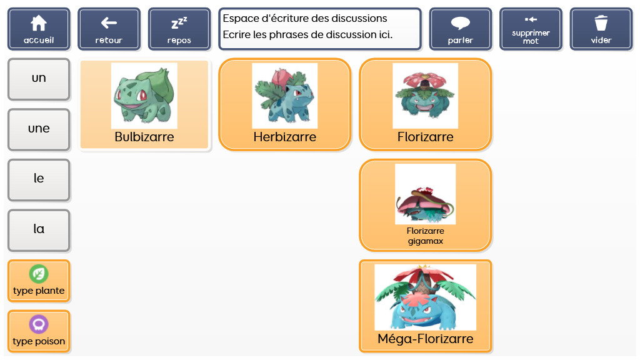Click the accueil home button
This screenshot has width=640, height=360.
click(39, 29)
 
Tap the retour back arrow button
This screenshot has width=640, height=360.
click(109, 29)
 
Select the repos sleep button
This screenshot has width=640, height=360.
click(179, 29)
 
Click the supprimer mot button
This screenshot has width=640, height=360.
click(531, 29)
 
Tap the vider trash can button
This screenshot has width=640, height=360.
click(601, 29)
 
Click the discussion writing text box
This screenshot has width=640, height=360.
click(320, 29)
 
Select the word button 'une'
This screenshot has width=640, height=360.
click(39, 129)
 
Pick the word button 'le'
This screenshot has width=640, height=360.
click(39, 179)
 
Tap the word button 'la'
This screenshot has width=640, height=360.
click(39, 230)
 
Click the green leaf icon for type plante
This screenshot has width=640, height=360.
click(39, 274)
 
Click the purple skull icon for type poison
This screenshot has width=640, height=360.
click(39, 324)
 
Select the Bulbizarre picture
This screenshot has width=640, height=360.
click(144, 96)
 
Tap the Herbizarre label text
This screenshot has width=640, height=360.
click(285, 137)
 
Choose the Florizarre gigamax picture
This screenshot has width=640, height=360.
click(425, 194)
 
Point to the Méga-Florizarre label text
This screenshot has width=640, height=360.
click(425, 339)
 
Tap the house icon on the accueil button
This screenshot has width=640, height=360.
click(39, 23)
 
